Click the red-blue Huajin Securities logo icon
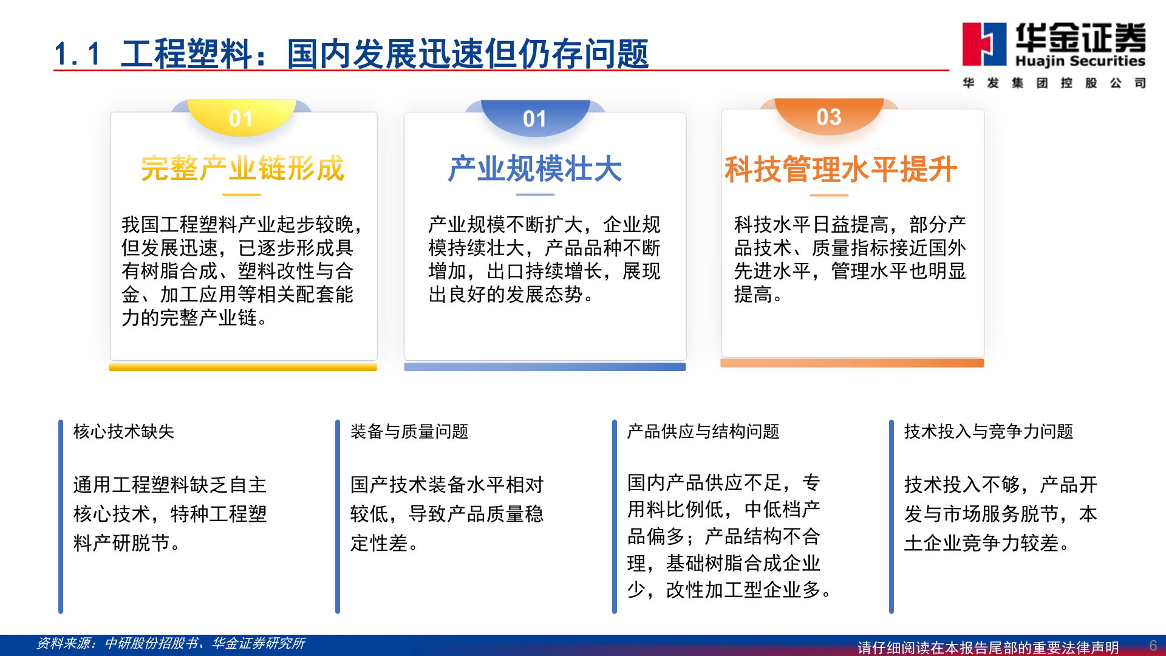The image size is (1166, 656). click(984, 44)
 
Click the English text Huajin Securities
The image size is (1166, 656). click(1080, 61)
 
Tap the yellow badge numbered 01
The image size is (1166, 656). click(241, 118)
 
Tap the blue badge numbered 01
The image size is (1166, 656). click(535, 118)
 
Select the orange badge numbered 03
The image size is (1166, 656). click(829, 116)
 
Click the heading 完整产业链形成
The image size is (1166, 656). click(242, 168)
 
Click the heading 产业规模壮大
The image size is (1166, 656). click(535, 169)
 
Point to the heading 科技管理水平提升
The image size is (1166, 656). click(840, 169)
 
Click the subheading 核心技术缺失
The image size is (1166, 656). click(124, 431)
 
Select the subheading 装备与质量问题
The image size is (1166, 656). click(409, 431)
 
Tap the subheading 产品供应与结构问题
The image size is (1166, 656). click(703, 431)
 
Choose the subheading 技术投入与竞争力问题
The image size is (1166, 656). click(988, 431)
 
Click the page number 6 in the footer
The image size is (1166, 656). click(1153, 645)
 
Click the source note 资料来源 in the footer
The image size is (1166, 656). click(171, 643)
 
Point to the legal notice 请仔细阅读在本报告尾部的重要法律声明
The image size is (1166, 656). click(987, 647)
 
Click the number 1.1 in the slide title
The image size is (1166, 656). click(77, 54)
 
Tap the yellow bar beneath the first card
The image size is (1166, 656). click(243, 367)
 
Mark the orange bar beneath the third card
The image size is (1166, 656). click(851, 363)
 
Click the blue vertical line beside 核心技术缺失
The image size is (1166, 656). click(61, 516)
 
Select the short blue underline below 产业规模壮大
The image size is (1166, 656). click(535, 194)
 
